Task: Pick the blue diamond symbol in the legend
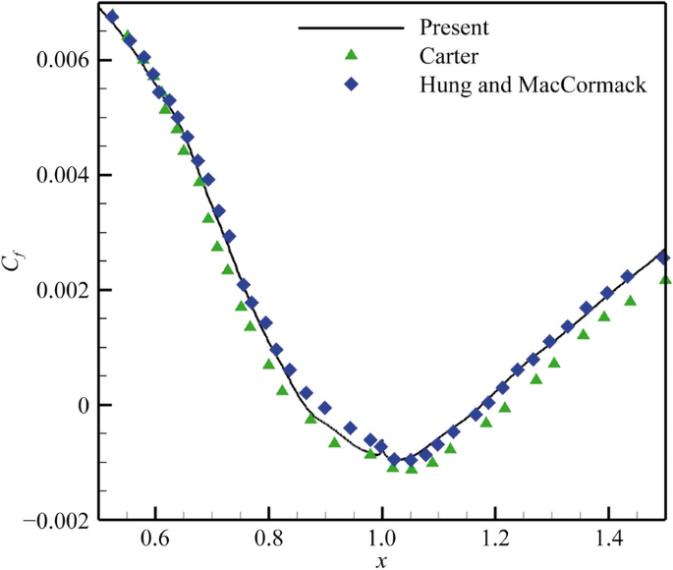351,85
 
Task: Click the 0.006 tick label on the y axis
60,61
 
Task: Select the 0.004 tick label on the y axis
60,176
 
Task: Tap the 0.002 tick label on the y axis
60,291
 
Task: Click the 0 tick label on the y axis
82,406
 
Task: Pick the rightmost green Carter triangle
665,279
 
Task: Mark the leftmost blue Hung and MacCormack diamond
112,17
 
